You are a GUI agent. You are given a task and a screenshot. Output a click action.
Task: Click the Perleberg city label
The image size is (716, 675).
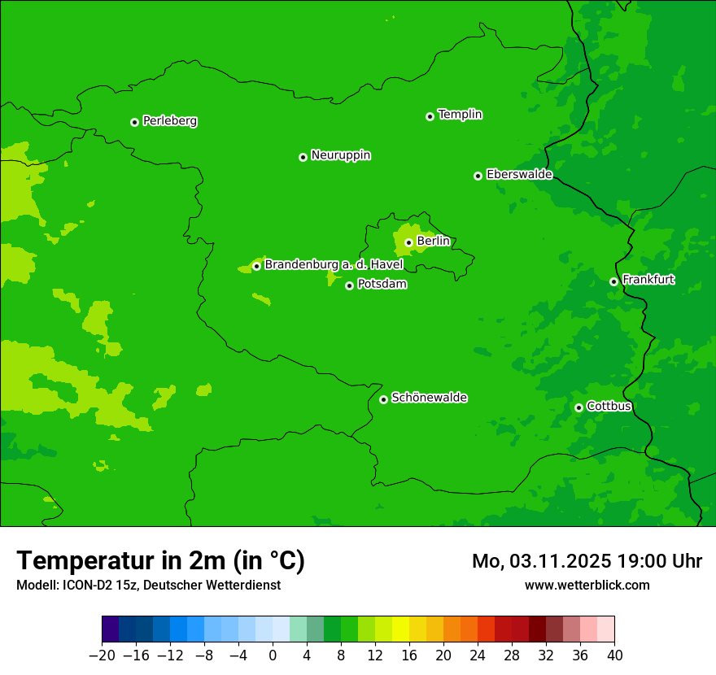pos(170,121)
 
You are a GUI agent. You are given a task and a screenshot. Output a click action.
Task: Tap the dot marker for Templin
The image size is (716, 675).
pos(430,116)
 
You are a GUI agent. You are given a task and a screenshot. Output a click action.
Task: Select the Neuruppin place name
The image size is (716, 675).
pos(341,155)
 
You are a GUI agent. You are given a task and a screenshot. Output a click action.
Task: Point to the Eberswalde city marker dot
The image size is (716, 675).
pos(478,176)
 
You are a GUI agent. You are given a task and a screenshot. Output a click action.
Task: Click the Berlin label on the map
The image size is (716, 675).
pos(433,242)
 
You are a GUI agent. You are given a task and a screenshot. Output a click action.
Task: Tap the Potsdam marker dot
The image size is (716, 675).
pos(349,285)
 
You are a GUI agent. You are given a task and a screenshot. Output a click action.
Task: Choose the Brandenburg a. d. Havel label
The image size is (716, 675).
pos(334,265)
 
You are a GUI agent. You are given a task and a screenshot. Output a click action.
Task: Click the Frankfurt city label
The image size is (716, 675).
pos(648,280)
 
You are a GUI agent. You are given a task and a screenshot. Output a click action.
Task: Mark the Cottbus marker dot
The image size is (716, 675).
pos(578,407)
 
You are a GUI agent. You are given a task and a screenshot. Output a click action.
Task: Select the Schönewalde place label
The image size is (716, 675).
pos(430,398)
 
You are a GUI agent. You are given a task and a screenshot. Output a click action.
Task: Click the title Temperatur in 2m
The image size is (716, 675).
pos(160,561)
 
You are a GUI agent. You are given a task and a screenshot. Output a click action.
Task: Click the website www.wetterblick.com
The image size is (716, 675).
pos(587,585)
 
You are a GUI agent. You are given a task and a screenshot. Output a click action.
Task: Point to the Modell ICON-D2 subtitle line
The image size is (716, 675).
pos(148,585)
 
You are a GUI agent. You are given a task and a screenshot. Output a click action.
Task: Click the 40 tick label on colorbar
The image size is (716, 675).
pos(614,655)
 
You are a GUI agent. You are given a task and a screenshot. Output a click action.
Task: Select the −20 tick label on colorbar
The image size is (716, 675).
pos(102,655)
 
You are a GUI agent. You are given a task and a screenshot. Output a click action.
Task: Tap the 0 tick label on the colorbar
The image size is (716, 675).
pos(273,655)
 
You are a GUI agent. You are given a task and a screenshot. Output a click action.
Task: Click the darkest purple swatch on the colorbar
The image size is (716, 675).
pos(111,629)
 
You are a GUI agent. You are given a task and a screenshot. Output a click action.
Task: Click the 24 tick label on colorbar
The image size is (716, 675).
pos(478,655)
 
